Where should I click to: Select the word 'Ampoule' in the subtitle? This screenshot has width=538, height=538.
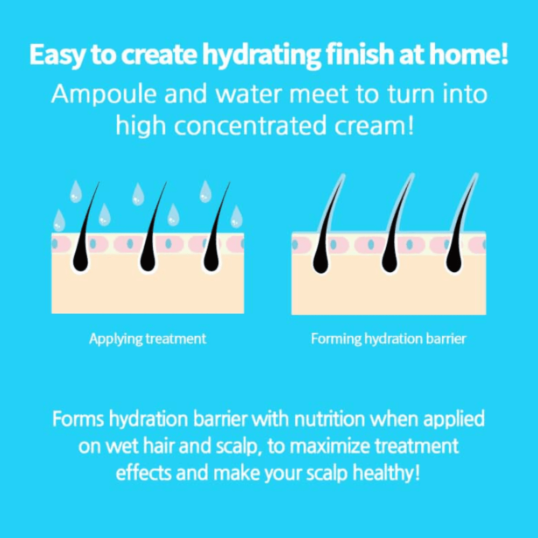(x=103, y=94)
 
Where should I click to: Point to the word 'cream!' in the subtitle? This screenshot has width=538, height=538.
(x=374, y=125)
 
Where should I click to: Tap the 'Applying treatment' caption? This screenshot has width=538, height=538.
(x=147, y=339)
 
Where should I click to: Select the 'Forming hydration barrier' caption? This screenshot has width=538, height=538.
(x=388, y=339)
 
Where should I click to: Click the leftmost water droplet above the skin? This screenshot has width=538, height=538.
(x=59, y=220)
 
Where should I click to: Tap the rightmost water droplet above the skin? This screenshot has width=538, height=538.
(x=236, y=217)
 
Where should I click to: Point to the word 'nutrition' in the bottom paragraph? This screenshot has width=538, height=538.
(x=329, y=419)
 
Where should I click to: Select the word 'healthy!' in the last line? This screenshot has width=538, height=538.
(x=386, y=473)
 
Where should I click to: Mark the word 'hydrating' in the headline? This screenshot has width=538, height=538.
(x=263, y=55)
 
